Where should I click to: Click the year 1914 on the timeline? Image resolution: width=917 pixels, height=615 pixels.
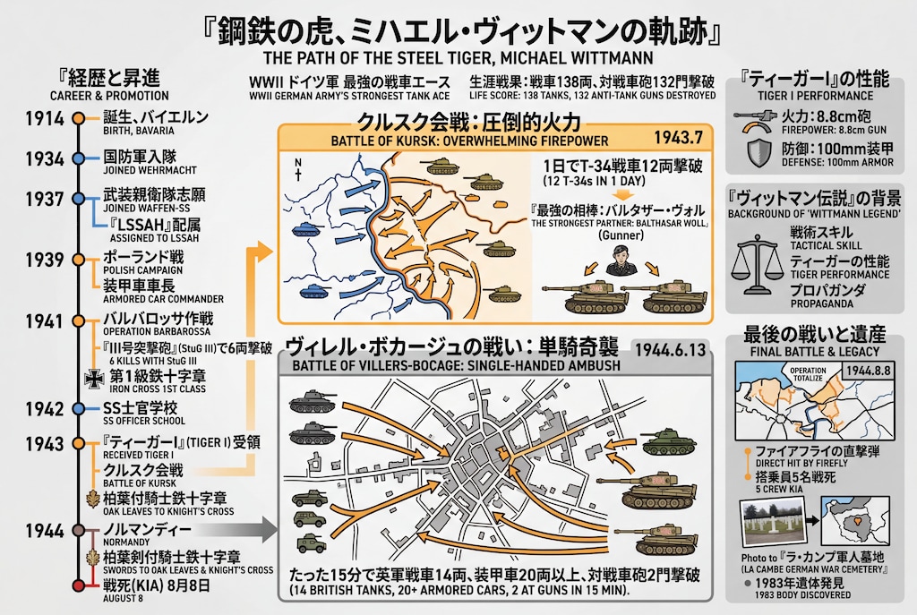pyautogui.click(x=44, y=119)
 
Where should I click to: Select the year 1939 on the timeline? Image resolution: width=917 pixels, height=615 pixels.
pyautogui.click(x=44, y=261)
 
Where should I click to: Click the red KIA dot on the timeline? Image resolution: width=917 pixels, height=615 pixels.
pyautogui.click(x=80, y=585)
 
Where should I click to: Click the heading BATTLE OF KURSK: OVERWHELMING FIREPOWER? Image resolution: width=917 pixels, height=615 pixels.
pyautogui.click(x=469, y=141)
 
